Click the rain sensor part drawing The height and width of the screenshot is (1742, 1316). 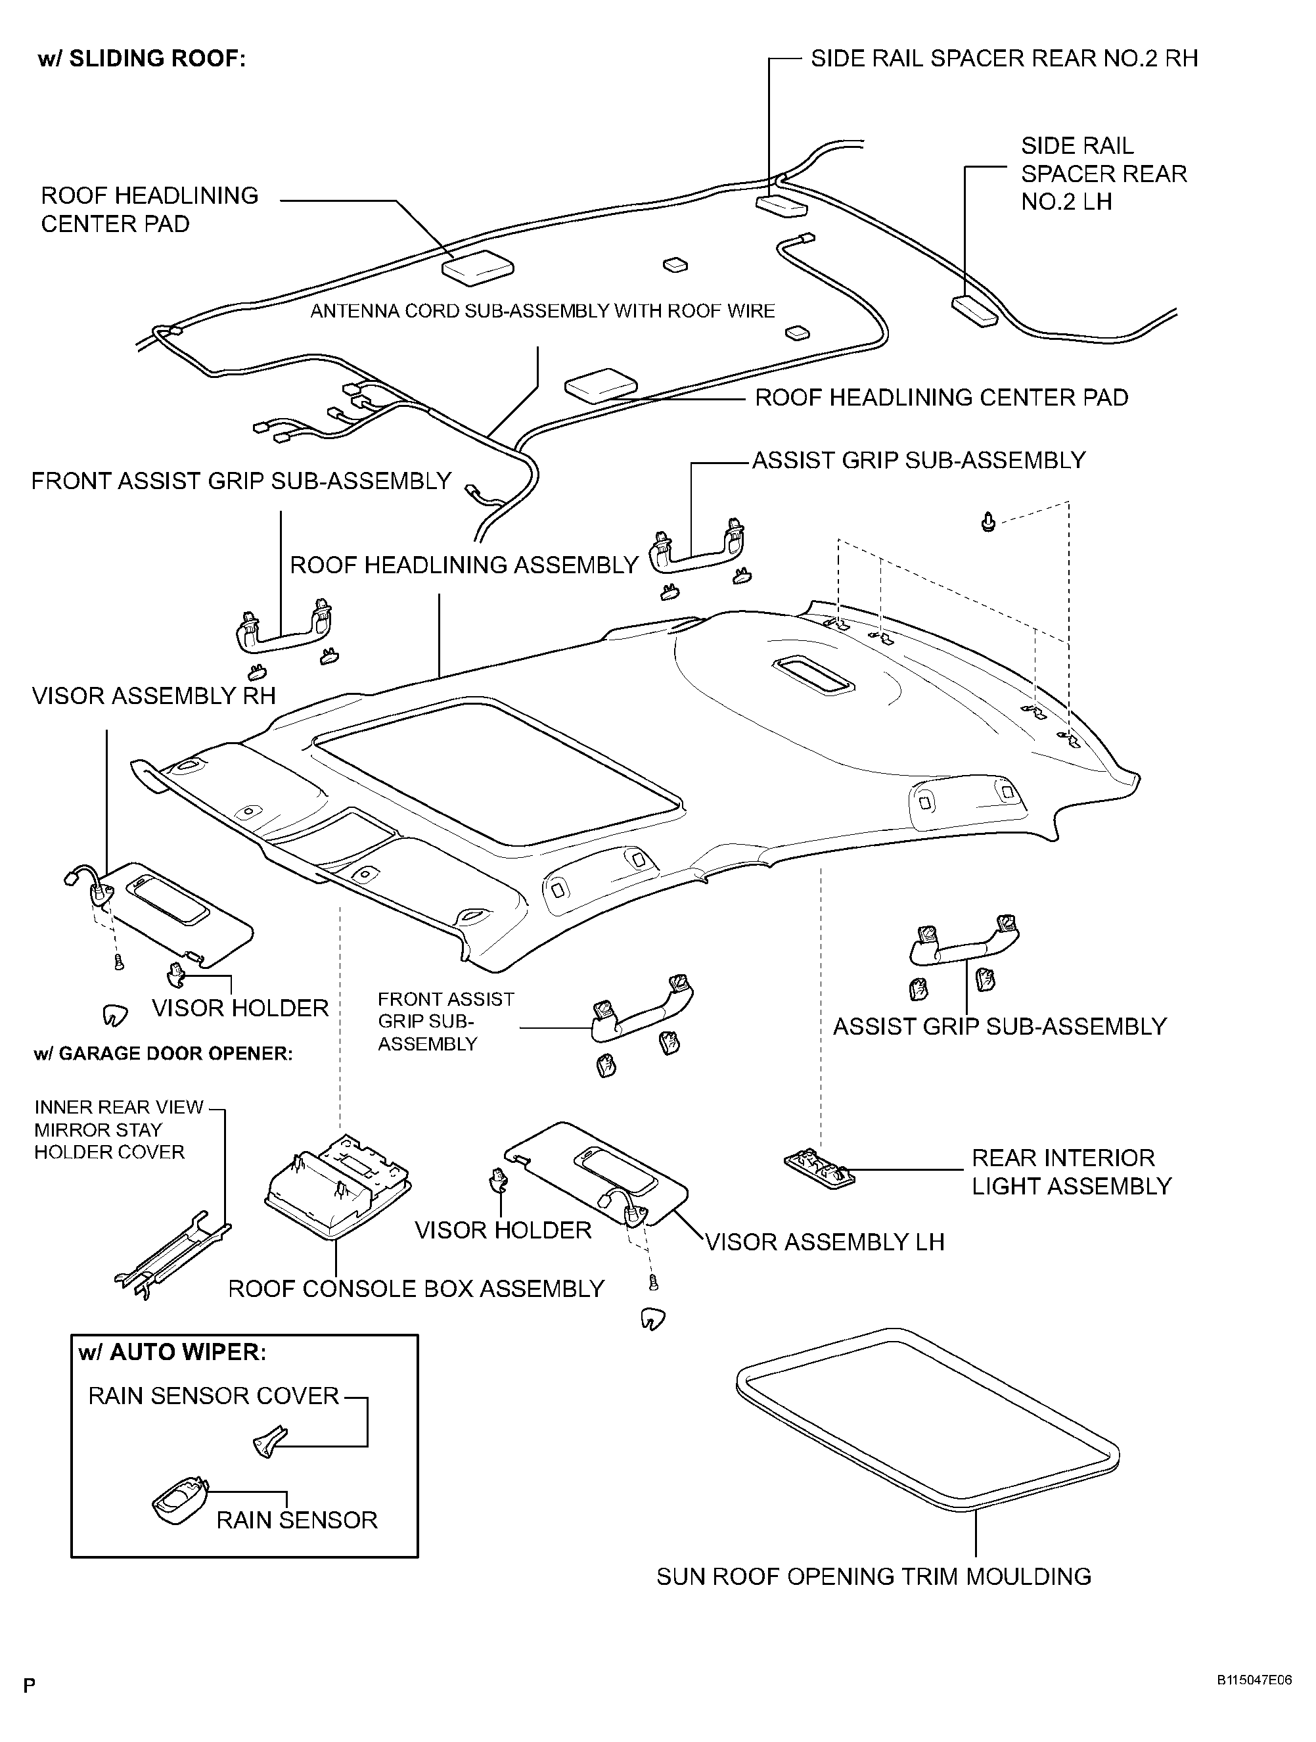pos(179,1500)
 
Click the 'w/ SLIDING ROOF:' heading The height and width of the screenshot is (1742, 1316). pos(142,59)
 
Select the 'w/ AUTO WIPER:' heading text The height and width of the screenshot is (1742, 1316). pos(172,1352)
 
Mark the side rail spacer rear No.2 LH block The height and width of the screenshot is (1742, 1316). pos(974,310)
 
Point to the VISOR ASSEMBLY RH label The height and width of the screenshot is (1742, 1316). pos(154,696)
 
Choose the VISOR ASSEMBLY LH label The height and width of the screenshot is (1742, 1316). pos(824,1242)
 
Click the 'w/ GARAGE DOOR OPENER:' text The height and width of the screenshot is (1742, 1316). pos(163,1054)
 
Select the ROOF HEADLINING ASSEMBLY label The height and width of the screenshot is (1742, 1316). pos(465,565)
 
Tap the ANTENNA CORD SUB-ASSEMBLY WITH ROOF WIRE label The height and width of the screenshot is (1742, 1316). pos(543,311)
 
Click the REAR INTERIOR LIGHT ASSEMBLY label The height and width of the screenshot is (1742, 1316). pos(1071,1172)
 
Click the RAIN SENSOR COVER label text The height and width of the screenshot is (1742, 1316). pos(214,1396)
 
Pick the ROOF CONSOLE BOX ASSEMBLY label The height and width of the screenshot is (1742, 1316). pos(417,1288)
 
